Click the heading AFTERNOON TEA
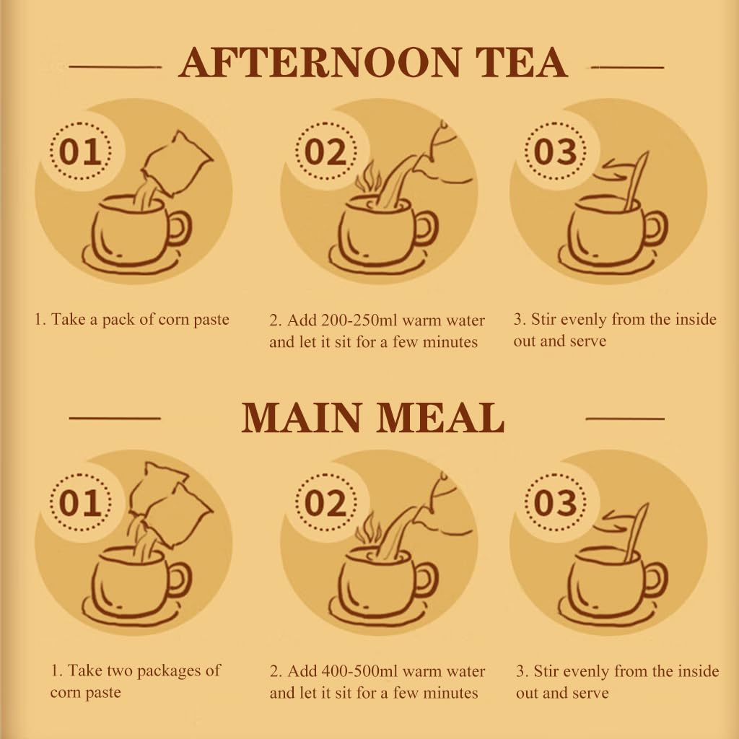tap(373, 63)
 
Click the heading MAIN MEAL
tap(373, 417)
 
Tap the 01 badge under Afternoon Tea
tap(81, 152)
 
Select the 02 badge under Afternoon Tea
tap(326, 152)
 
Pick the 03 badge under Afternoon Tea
tap(556, 152)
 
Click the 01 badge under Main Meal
tap(81, 502)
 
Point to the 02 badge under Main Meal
tap(326, 502)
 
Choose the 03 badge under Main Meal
tap(556, 502)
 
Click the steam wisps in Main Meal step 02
tap(368, 528)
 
